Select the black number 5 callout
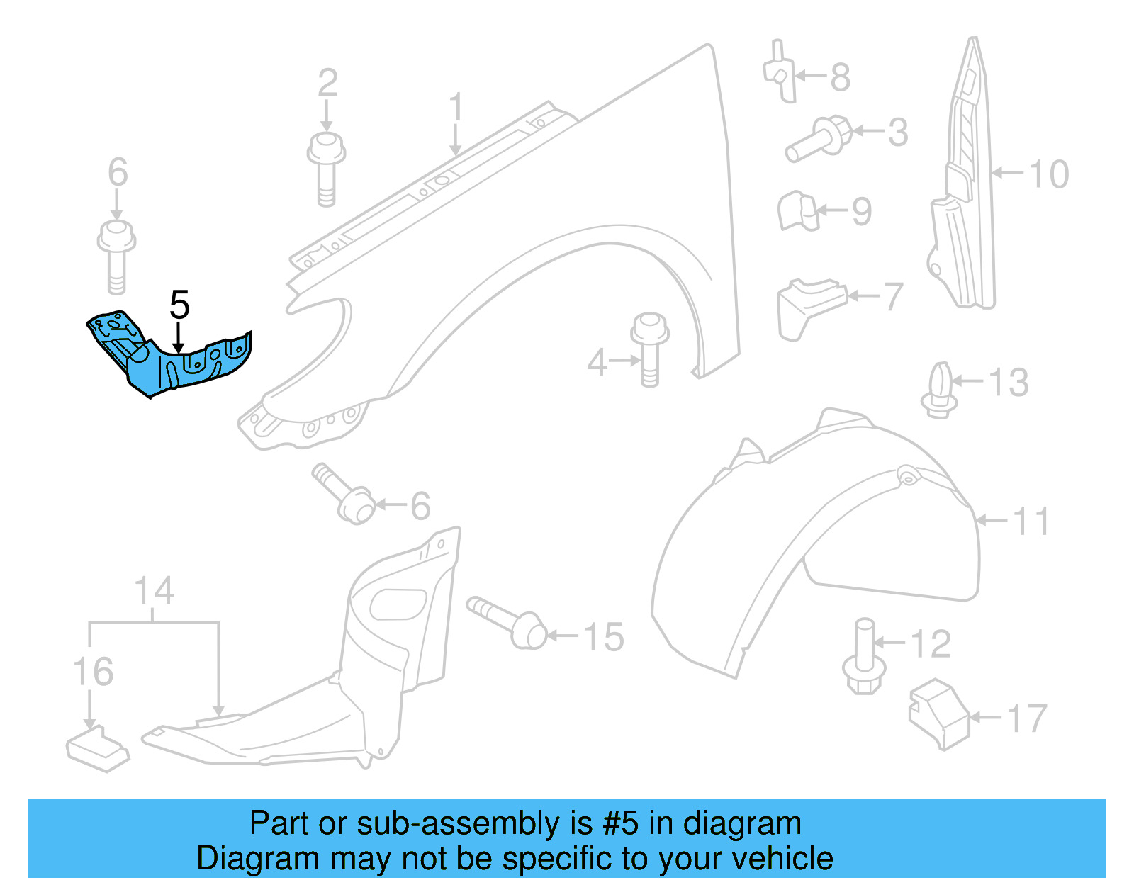(179, 305)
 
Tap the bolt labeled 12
(864, 658)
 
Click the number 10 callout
(1048, 174)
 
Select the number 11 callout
(1031, 522)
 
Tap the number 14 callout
(154, 591)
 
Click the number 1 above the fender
(455, 108)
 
